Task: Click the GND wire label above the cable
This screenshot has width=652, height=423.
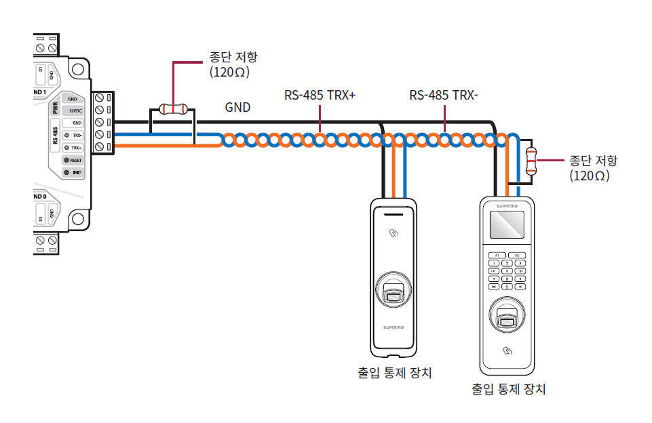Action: point(237,107)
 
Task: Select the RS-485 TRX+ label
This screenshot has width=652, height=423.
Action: point(320,96)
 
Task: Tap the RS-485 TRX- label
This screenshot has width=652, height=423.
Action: point(444,96)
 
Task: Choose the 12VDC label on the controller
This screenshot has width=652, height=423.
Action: point(75,110)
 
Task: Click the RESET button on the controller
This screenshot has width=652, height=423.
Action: point(73,161)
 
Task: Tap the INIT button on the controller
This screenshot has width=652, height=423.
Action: point(73,173)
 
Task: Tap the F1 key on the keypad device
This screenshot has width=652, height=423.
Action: point(497,255)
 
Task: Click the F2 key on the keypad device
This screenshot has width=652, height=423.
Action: point(517,255)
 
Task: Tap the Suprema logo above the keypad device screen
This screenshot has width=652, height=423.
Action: point(507,204)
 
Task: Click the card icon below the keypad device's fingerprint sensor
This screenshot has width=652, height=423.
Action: point(507,351)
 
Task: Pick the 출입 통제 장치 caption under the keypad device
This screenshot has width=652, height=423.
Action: point(508,389)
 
